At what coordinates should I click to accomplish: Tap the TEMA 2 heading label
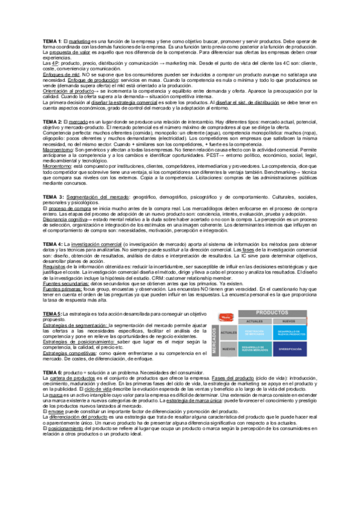pyautogui.click(x=52, y=121)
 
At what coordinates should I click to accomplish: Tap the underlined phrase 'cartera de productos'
pyautogui.click(x=75, y=396)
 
